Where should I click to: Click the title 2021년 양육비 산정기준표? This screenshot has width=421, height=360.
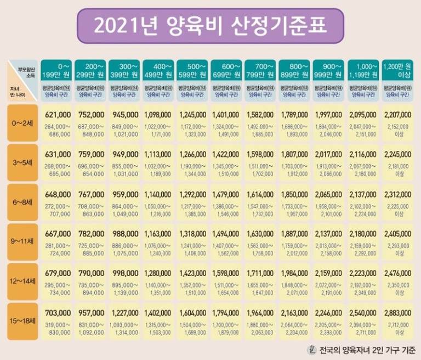coord(210,25)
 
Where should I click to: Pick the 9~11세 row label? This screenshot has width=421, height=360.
coord(22,241)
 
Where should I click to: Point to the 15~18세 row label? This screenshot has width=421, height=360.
coord(22,320)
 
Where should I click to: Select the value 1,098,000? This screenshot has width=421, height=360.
coord(158,115)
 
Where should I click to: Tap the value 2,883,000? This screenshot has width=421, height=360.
coord(397,313)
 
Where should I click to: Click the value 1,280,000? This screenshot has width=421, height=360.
coord(158,273)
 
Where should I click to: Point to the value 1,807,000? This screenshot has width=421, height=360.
coord(295,154)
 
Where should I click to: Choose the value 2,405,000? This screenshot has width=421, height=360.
coord(397,234)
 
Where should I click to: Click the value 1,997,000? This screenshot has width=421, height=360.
coord(329,115)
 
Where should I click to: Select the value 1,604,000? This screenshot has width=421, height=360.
coord(192,313)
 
